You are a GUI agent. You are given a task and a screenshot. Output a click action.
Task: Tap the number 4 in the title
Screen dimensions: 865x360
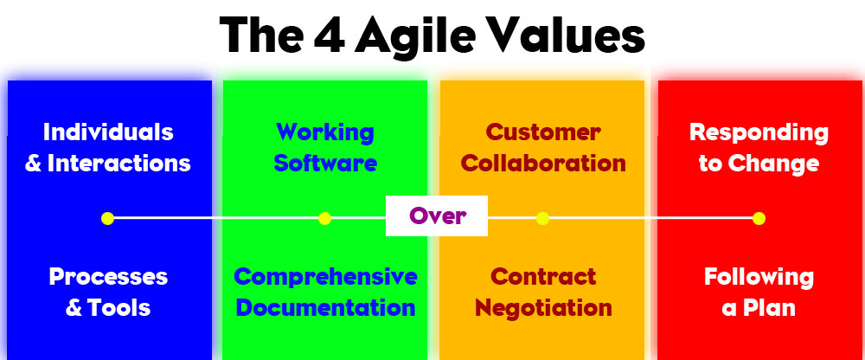point(328,35)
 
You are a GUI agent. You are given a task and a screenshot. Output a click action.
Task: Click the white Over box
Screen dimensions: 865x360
point(436,215)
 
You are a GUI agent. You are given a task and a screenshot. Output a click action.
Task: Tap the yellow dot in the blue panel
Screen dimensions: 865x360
point(107,218)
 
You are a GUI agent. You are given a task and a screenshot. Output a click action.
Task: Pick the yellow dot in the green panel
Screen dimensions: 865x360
point(325,218)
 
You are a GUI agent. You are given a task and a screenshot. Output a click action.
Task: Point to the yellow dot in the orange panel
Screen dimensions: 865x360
point(543,218)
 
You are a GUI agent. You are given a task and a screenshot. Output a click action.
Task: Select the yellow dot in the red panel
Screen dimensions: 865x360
point(759,218)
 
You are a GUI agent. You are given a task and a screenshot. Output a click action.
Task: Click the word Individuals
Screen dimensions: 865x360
point(108,132)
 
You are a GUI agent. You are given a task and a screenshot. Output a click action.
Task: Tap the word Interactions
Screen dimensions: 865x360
point(119,164)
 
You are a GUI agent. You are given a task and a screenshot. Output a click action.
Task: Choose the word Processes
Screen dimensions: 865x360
point(108,277)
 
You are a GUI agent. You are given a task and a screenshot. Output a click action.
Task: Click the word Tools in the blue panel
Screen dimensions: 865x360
point(118,308)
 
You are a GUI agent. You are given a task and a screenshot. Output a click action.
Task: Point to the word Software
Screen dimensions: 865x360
point(325,164)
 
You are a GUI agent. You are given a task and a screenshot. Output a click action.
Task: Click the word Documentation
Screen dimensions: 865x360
point(325,308)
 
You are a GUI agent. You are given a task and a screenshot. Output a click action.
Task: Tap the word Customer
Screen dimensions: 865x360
point(543,132)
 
